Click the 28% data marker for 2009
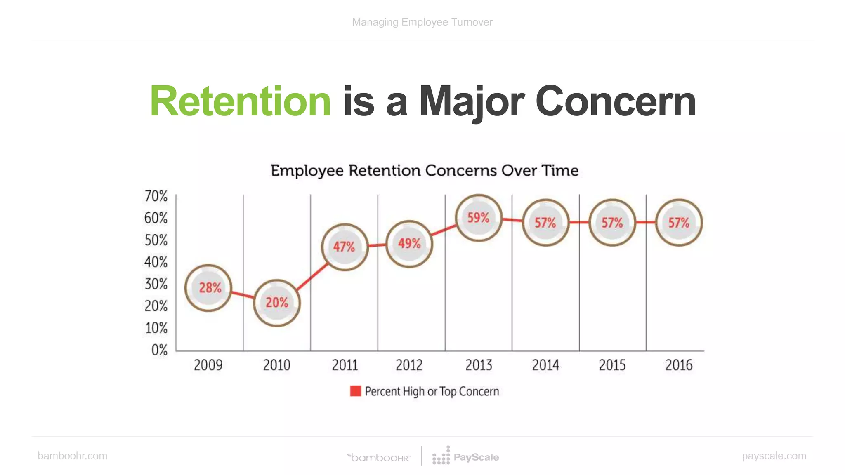[x=208, y=288]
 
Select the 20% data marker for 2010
[x=276, y=303]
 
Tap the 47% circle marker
[x=345, y=247]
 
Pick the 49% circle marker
[x=409, y=244]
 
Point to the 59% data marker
[x=479, y=218]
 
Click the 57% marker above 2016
[x=679, y=223]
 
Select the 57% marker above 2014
[x=545, y=223]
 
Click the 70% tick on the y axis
[x=156, y=196]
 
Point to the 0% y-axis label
[x=159, y=350]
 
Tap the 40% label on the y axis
[x=156, y=262]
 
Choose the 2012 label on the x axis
[x=409, y=365]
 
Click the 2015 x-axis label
[x=612, y=365]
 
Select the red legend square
[x=355, y=391]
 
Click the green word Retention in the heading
[x=240, y=101]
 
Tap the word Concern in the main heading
[x=615, y=101]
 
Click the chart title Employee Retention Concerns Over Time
[x=425, y=170]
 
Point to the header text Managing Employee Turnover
[x=422, y=22]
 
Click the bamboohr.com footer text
[x=72, y=456]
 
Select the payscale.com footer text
[x=774, y=456]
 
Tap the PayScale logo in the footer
[x=466, y=456]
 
